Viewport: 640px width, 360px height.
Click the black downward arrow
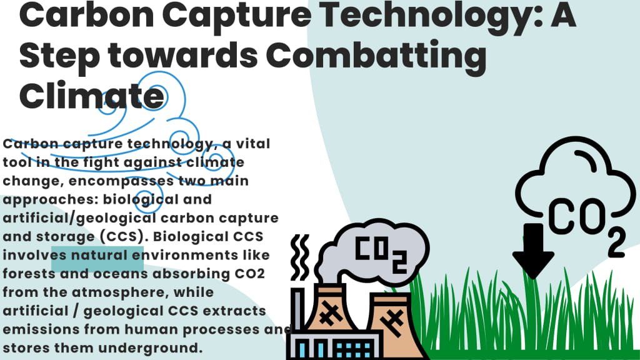coord(532,250)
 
